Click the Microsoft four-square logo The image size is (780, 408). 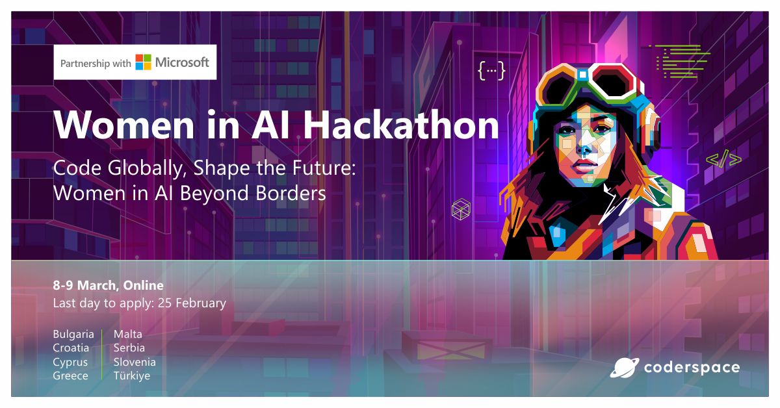[x=143, y=62]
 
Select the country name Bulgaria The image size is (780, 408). [x=73, y=334]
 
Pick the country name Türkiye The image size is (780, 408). [x=132, y=376]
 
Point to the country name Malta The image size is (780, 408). [x=128, y=334]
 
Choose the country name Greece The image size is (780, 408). [x=70, y=376]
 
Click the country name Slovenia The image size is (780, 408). [x=135, y=362]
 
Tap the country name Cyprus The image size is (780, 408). [x=70, y=362]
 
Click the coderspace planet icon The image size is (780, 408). [x=625, y=368]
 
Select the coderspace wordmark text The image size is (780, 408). [x=692, y=368]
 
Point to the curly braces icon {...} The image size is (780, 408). [x=491, y=70]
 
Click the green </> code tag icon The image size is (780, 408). [x=723, y=159]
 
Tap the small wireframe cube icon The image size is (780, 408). [x=460, y=209]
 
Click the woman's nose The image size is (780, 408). [x=586, y=151]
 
